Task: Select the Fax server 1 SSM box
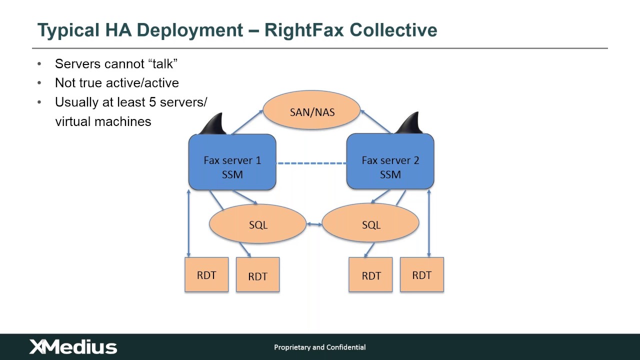232,162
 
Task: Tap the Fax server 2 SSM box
390,162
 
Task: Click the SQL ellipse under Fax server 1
257,224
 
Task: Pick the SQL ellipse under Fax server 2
370,224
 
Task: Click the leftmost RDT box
206,274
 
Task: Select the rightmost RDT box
421,274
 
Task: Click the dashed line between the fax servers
311,163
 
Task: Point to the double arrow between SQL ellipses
314,224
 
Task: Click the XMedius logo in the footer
73,347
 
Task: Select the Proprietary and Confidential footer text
319,347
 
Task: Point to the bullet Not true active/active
116,82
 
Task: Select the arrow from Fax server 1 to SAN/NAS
247,122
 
